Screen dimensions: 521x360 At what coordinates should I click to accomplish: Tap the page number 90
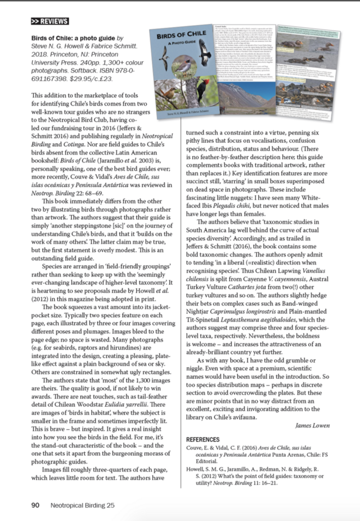pyautogui.click(x=35, y=505)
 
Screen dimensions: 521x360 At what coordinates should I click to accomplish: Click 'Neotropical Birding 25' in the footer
pyautogui.click(x=82, y=505)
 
